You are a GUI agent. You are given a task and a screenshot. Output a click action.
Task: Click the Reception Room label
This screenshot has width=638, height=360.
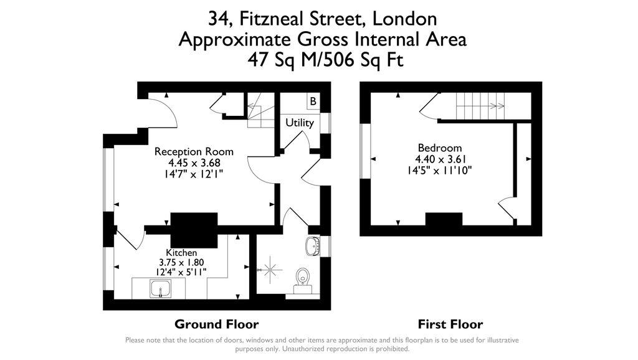(x=194, y=151)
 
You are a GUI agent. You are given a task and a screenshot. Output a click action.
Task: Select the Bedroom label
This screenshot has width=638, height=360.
(x=439, y=148)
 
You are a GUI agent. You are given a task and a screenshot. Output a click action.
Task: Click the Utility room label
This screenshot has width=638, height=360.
(x=299, y=123)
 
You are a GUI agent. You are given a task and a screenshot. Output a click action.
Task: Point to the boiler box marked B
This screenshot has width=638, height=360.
(x=313, y=101)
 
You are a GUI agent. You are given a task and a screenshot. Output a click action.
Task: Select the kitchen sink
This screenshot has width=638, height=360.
(x=161, y=289)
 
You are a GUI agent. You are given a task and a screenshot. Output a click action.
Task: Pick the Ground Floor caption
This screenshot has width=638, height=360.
(x=216, y=324)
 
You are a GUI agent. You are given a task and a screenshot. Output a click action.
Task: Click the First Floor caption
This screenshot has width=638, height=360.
(x=450, y=324)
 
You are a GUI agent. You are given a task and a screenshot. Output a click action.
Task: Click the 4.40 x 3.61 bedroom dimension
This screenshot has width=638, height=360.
(x=439, y=159)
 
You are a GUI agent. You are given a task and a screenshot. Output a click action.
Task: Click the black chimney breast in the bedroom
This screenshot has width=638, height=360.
(x=444, y=220)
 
